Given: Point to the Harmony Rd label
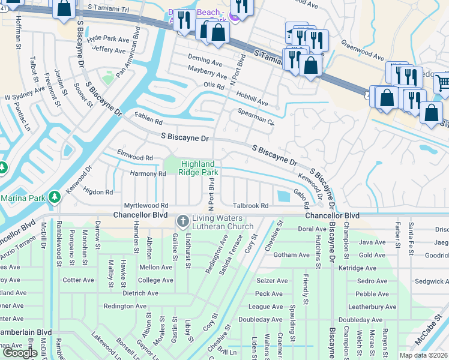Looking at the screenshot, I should pos(148,174).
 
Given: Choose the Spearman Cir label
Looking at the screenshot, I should pos(256,116).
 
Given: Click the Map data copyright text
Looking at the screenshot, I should pos(423,355).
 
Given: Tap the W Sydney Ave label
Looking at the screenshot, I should pos(25,94).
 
